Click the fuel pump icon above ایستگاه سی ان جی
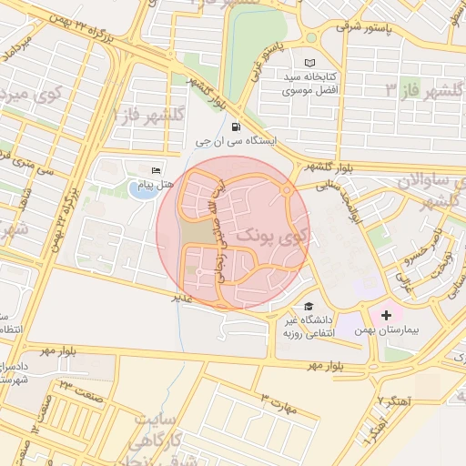point(237,127)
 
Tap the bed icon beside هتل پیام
point(156,170)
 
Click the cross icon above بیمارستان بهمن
point(386,314)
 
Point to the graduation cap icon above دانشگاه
point(309,307)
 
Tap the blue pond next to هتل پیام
point(141,190)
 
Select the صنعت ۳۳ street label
point(65,390)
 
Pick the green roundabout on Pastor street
point(311,39)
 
